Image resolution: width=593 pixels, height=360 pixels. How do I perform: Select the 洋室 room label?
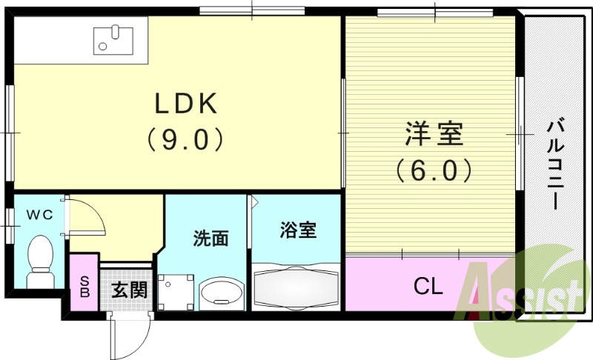tap(433, 136)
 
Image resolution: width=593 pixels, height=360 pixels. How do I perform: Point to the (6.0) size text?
tap(433, 171)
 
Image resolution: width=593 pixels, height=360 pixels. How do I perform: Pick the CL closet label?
tap(428, 285)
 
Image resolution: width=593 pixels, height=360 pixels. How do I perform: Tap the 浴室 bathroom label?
tap(298, 230)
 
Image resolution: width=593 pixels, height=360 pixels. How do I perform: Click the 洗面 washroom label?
tap(211, 239)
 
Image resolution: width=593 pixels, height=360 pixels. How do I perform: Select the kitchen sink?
tap(113, 39)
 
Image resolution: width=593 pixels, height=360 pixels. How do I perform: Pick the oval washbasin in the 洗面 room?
tap(220, 291)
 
